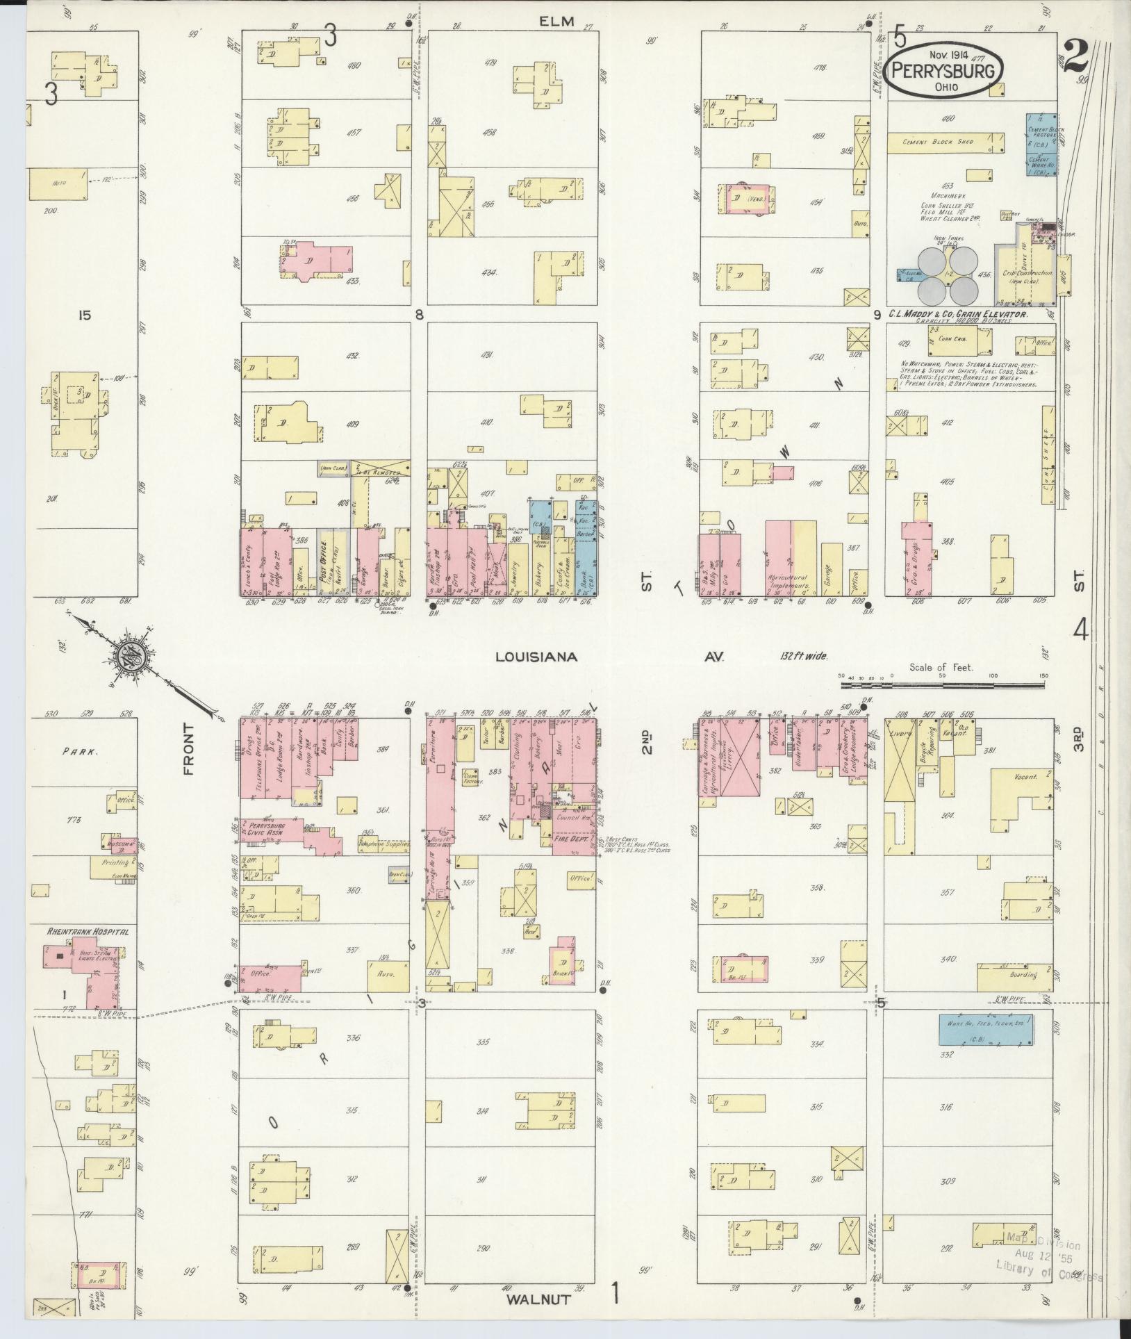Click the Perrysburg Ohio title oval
pyautogui.click(x=945, y=72)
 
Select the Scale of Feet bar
pyautogui.click(x=942, y=685)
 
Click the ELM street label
pyautogui.click(x=559, y=22)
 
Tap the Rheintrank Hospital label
pyautogui.click(x=87, y=931)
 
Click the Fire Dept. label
pyautogui.click(x=570, y=839)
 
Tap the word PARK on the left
pyautogui.click(x=78, y=751)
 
